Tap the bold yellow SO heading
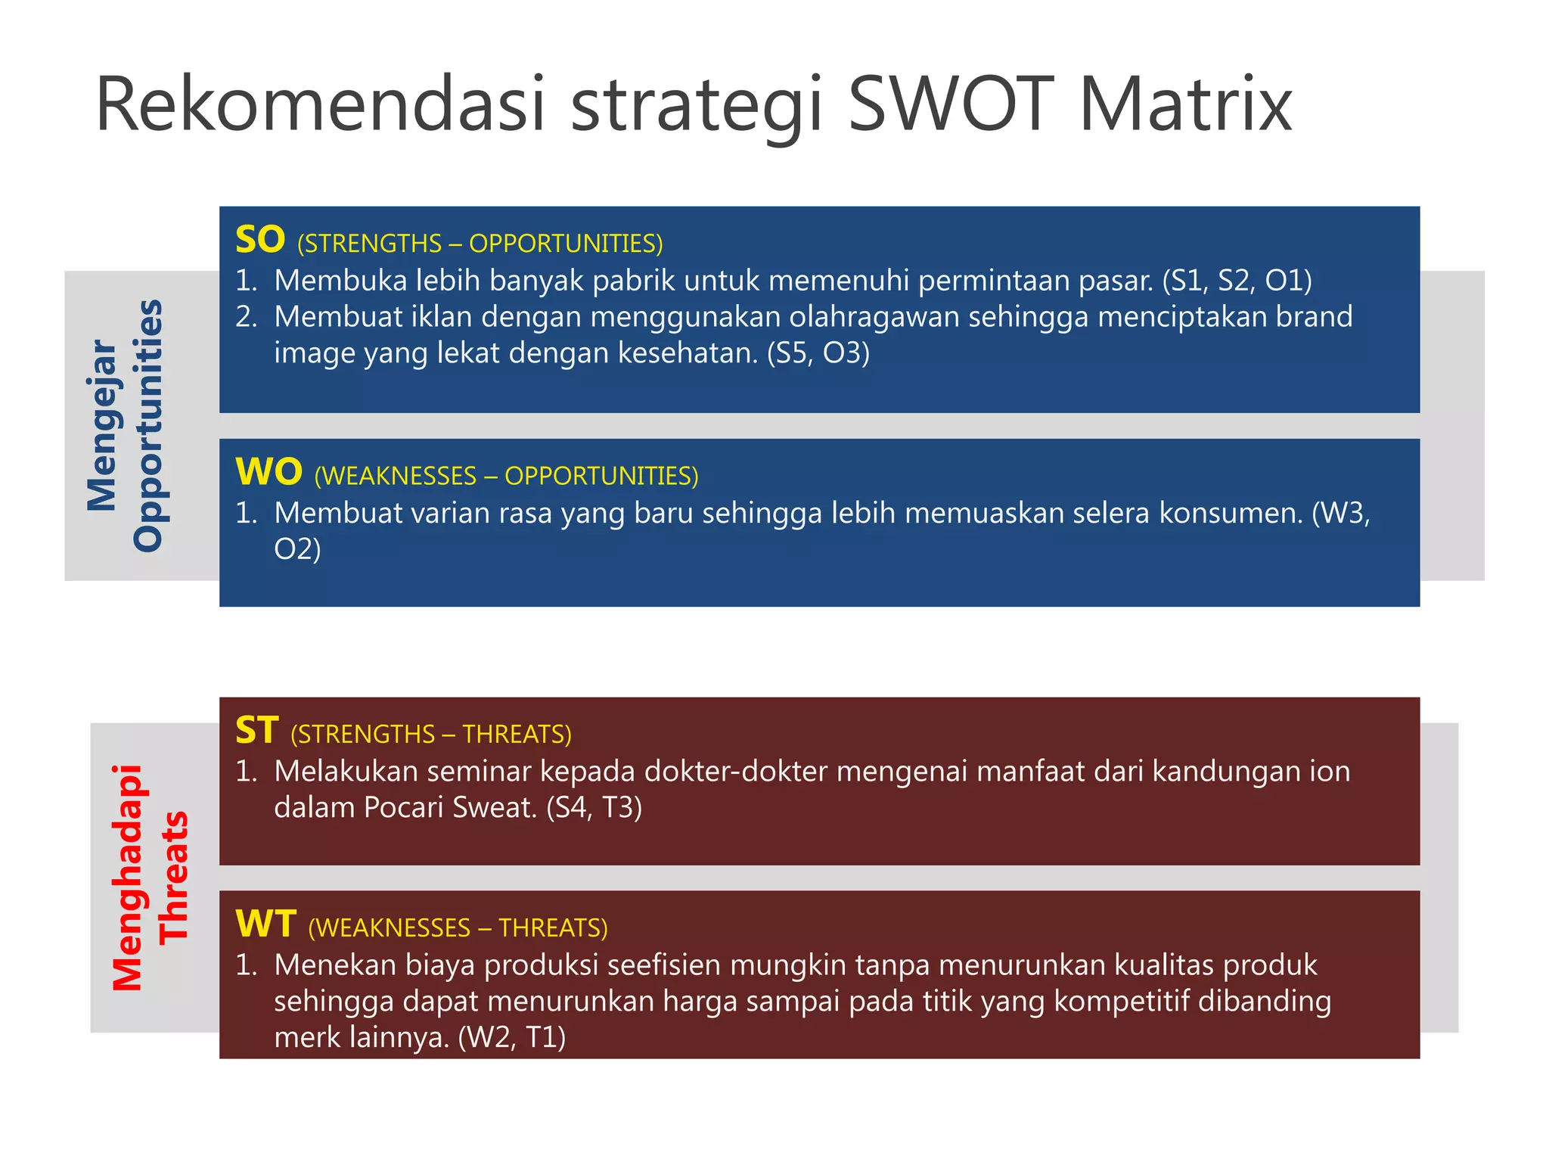[x=260, y=240]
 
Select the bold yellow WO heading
[x=269, y=472]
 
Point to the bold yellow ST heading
[x=257, y=731]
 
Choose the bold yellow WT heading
[x=266, y=924]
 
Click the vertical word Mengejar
[x=102, y=425]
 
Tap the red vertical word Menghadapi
[x=127, y=878]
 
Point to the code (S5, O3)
[x=818, y=353]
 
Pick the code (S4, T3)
[x=594, y=808]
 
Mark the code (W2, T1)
[x=512, y=1037]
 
